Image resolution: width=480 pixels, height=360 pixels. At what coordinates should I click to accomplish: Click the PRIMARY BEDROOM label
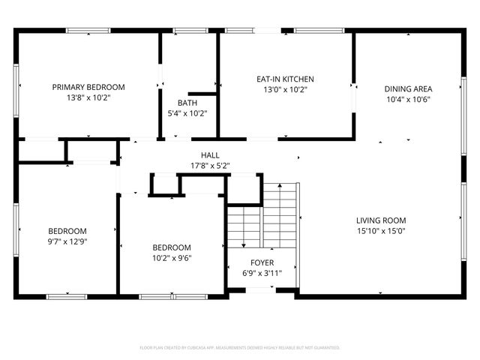[88, 87]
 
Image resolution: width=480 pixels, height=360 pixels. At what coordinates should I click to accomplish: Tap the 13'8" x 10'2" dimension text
[88, 97]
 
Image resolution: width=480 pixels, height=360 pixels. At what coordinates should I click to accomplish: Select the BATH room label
[187, 103]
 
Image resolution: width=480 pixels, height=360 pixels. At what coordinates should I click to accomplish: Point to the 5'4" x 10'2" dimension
[187, 113]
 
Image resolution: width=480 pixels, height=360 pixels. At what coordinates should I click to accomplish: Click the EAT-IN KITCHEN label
[285, 79]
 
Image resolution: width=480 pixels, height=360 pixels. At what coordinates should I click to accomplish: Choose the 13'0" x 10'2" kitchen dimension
[285, 89]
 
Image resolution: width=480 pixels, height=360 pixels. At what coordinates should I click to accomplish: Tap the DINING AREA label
[409, 88]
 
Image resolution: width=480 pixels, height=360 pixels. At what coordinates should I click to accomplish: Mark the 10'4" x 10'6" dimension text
[409, 99]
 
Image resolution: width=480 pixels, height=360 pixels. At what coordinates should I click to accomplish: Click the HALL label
[209, 154]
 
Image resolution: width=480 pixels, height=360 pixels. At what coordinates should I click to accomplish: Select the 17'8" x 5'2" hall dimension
[209, 165]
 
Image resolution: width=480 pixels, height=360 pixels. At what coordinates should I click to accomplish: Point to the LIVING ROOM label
[381, 220]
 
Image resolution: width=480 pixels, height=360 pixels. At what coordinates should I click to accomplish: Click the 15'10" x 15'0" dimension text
[381, 231]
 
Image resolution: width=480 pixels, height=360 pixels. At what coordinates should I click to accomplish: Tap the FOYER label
[262, 262]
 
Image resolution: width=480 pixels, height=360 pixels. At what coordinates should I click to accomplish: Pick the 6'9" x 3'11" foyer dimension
[262, 273]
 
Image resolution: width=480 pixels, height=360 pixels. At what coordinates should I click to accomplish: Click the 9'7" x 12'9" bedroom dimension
[67, 241]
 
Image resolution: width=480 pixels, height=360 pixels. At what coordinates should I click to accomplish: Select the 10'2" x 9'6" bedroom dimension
[172, 258]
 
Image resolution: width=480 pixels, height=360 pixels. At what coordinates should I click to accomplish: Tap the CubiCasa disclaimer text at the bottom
[240, 348]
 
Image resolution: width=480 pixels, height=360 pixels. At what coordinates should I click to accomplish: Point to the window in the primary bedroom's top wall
[88, 31]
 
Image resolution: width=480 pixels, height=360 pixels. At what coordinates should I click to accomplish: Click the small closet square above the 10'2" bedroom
[164, 184]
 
